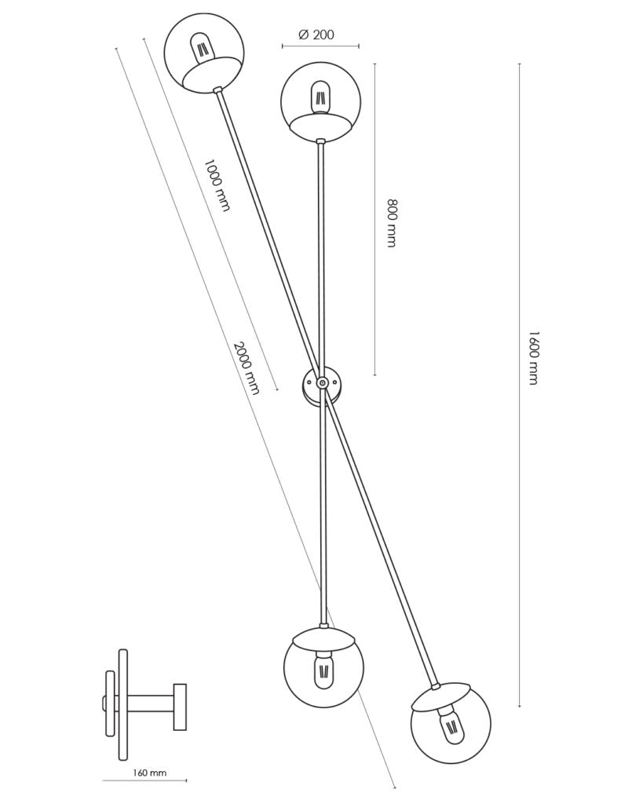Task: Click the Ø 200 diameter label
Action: point(316,35)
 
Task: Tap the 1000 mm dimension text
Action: point(217,185)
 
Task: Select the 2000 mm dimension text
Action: point(246,367)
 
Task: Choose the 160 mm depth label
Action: point(149,773)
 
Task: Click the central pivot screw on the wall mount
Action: point(321,383)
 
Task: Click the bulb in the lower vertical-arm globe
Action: point(322,670)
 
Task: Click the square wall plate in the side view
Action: point(180,707)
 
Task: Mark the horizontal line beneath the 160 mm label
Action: point(144,781)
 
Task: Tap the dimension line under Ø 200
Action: point(320,46)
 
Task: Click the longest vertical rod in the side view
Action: point(122,704)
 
